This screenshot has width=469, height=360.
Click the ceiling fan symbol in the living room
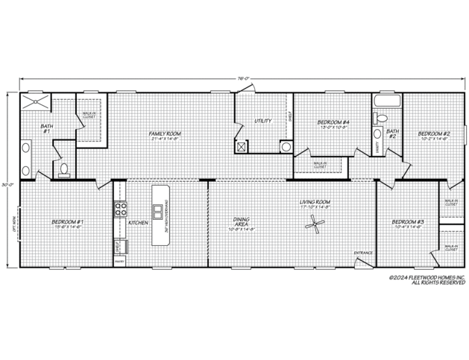tap(319, 222)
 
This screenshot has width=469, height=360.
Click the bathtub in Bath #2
tap(386, 101)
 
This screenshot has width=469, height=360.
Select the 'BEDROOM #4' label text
tap(333, 121)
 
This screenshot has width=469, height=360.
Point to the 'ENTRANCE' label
tap(362, 253)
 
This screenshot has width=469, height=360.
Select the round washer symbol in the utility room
tap(284, 147)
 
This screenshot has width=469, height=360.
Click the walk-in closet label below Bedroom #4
tap(320, 164)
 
